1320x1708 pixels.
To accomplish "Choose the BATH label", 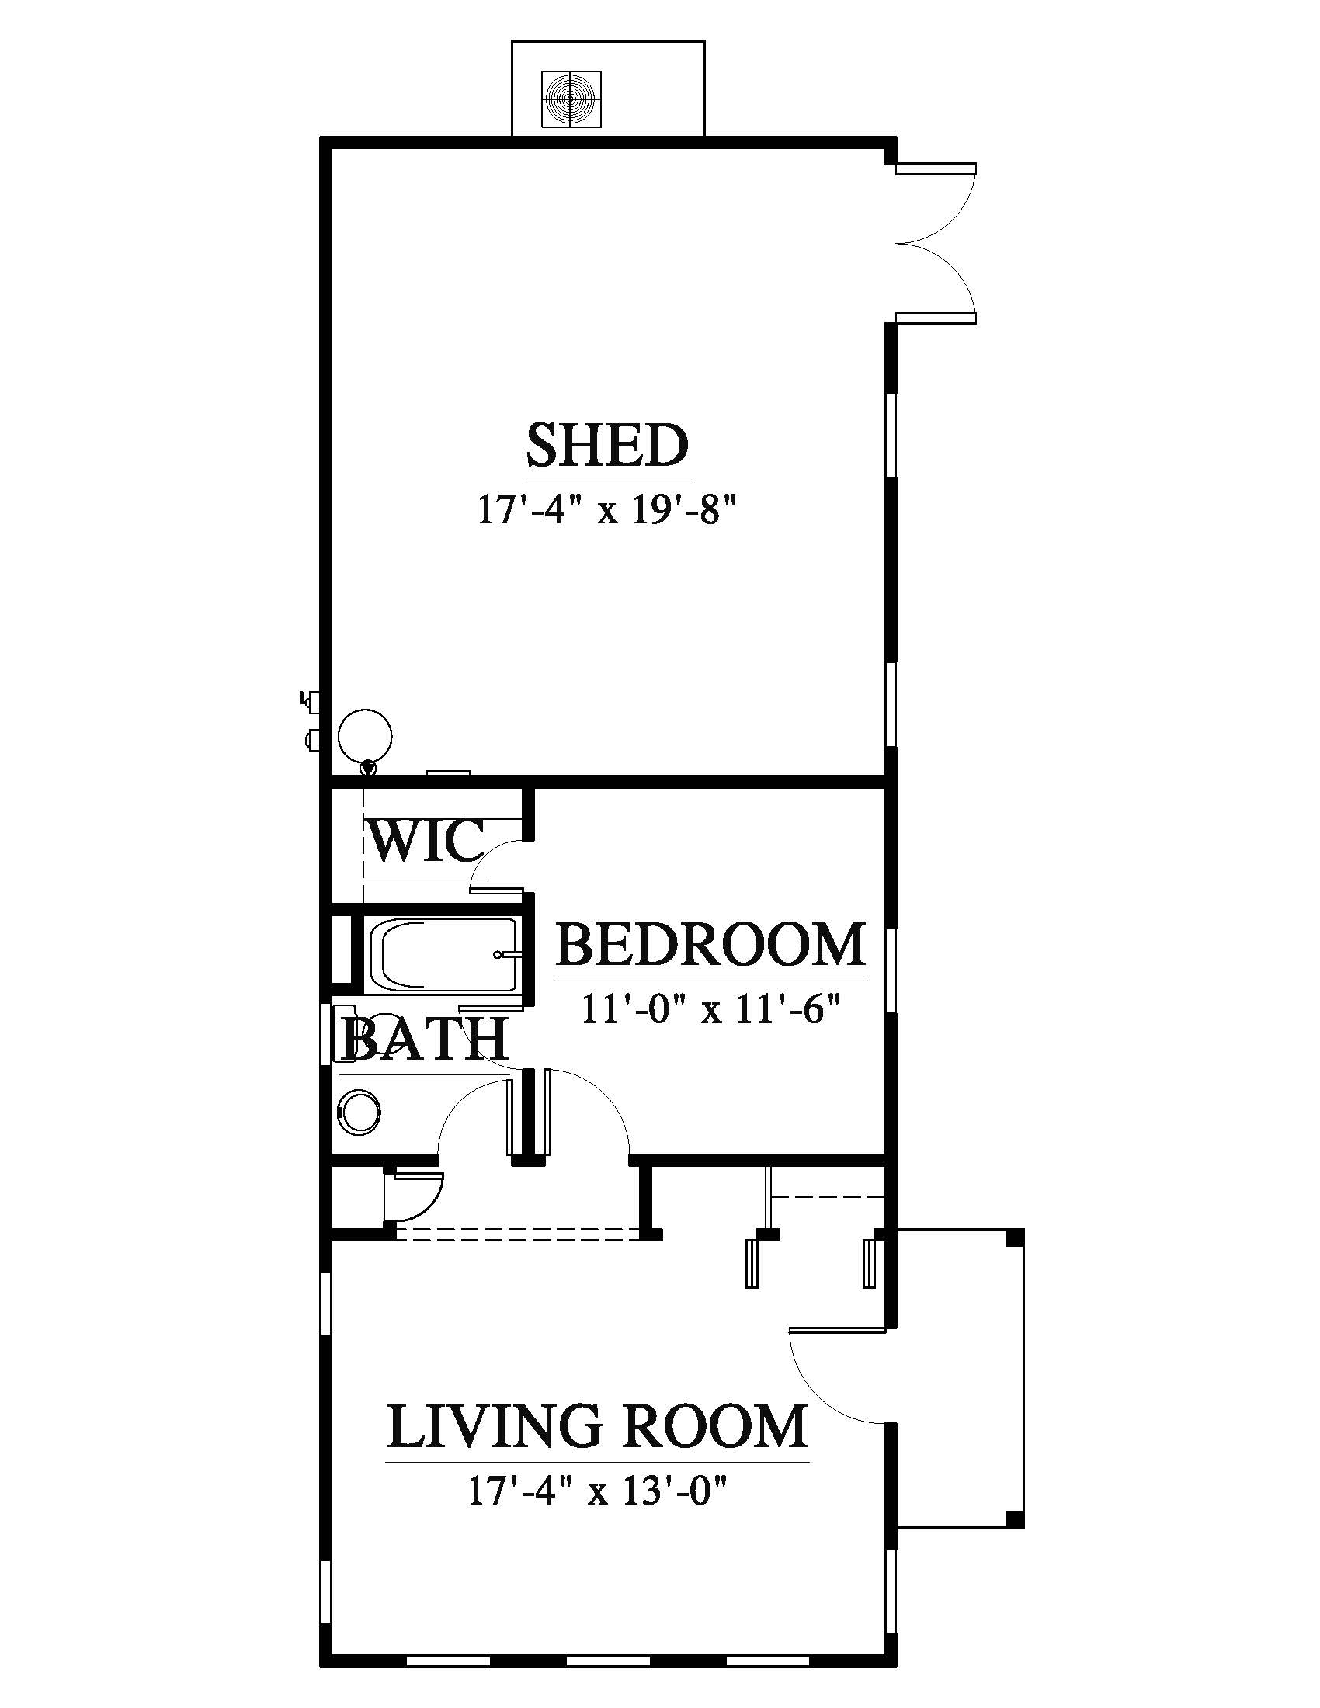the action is pos(426,1040).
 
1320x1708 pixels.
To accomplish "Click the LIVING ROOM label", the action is pos(597,1425).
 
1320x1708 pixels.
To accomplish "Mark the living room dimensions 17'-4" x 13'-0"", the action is pos(598,1490).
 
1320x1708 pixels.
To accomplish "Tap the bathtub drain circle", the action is pos(498,955).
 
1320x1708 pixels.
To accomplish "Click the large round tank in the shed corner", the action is pos(364,735).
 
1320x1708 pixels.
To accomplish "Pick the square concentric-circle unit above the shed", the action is pos(572,99).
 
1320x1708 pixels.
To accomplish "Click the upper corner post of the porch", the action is pos(1015,1238).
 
